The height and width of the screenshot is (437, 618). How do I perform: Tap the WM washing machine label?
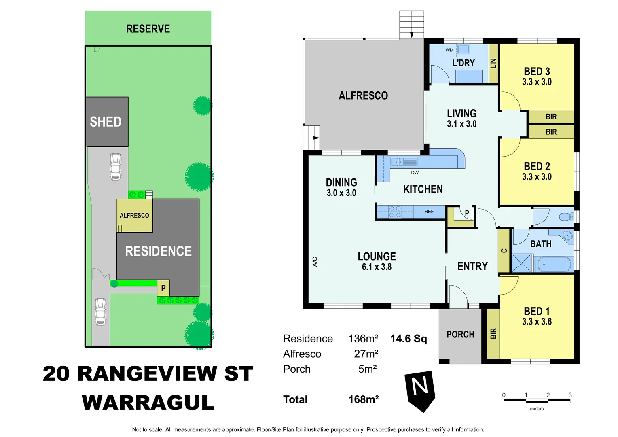click(449, 50)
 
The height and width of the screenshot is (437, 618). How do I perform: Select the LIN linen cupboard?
click(493, 63)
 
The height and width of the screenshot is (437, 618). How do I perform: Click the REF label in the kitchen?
click(429, 212)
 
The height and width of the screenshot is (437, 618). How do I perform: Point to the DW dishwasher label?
click(415, 172)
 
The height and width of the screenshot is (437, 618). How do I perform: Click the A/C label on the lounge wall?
click(315, 262)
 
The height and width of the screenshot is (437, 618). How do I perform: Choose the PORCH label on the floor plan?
click(460, 335)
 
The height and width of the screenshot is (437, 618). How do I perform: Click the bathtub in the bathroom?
click(554, 264)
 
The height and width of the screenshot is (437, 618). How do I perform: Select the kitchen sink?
click(397, 162)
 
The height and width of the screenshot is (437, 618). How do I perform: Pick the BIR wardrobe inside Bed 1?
click(493, 333)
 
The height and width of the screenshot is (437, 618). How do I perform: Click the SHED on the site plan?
click(106, 121)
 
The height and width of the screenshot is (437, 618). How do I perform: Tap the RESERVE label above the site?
click(148, 29)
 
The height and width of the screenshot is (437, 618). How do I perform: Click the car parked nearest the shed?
click(116, 166)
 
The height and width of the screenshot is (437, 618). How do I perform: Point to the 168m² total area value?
click(363, 399)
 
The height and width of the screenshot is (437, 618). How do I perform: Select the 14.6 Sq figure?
click(408, 339)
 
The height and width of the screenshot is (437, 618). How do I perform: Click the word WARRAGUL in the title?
click(148, 403)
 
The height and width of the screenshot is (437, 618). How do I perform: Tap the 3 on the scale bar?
click(570, 395)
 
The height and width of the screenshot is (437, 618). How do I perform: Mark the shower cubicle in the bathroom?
click(522, 263)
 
